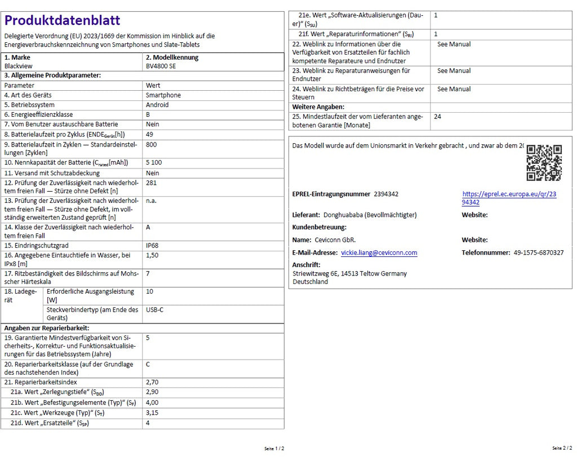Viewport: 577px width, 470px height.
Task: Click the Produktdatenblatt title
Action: point(62,21)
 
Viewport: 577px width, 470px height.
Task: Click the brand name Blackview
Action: point(19,66)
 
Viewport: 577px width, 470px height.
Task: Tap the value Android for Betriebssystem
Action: point(157,105)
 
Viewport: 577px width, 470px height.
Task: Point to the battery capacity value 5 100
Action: point(154,163)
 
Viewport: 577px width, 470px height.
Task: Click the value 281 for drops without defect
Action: point(151,183)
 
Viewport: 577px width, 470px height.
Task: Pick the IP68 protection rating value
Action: point(153,246)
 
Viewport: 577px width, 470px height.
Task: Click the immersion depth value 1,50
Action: point(152,255)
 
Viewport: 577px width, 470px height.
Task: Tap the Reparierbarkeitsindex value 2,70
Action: point(152,382)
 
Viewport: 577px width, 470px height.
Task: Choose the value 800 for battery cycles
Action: point(151,144)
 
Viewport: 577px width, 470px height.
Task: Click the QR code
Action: point(544,163)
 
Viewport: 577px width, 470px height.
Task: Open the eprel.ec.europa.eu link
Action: point(509,198)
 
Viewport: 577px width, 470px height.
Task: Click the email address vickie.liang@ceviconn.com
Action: point(379,253)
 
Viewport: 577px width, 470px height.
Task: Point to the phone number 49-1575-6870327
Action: point(538,253)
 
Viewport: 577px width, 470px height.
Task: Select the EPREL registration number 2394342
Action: point(386,194)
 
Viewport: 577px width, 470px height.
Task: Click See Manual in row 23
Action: point(454,71)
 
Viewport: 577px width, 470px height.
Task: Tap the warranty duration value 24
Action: point(438,117)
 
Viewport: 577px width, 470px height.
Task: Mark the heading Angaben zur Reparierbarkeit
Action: point(47,328)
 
